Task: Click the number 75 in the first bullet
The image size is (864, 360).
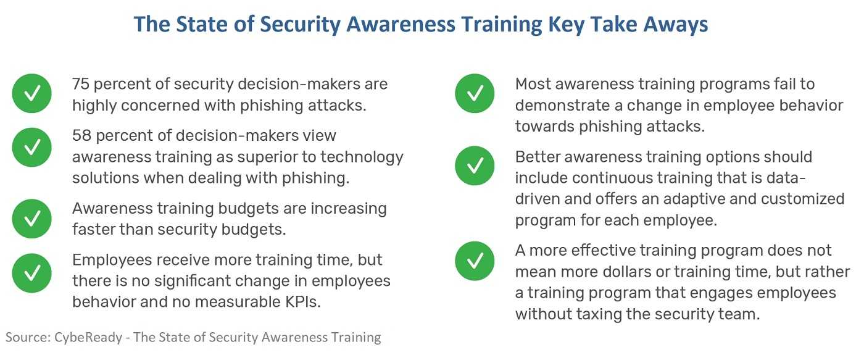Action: [81, 84]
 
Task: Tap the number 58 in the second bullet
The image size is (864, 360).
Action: [81, 136]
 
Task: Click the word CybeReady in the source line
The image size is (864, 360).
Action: [88, 338]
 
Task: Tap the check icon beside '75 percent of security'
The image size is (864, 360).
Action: [31, 93]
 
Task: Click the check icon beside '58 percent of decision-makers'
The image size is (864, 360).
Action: [31, 148]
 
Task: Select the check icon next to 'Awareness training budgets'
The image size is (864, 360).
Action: [31, 219]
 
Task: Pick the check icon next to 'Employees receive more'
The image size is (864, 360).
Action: [31, 273]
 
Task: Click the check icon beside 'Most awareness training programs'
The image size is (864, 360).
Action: [475, 93]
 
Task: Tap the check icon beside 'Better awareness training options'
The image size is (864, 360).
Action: [475, 165]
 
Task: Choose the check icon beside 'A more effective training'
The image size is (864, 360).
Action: [475, 261]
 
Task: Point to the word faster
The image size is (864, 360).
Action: [93, 230]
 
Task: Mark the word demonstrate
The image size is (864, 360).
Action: [565, 106]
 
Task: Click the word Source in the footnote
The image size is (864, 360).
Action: [28, 338]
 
